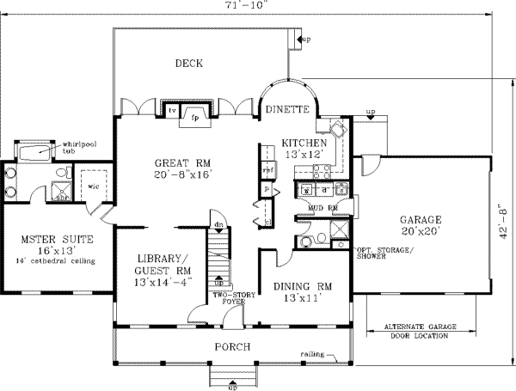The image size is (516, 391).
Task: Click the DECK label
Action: pos(189,63)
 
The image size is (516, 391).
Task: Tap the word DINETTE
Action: pos(286,109)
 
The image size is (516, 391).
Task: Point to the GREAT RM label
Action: pos(183,162)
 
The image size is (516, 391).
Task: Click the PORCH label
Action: pos(232,346)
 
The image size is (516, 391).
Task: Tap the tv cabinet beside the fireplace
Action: pos(172,111)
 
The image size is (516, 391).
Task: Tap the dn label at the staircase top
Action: pos(218,226)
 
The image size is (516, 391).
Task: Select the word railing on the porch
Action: pos(312,353)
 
